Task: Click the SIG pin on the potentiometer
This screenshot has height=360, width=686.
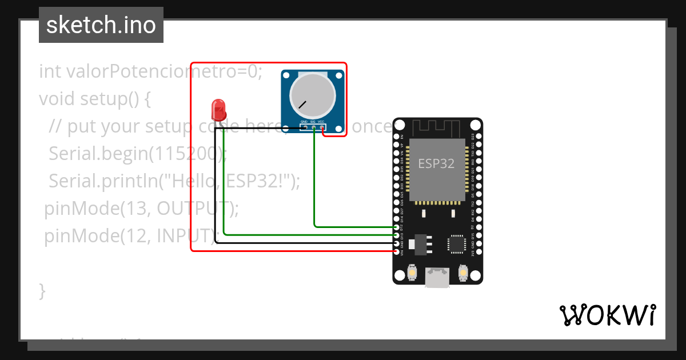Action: (314, 127)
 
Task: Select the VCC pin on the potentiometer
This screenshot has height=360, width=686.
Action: (322, 127)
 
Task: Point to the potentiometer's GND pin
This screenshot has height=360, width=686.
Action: (305, 127)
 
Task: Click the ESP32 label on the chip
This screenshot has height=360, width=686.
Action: (436, 163)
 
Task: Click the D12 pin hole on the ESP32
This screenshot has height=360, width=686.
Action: (397, 227)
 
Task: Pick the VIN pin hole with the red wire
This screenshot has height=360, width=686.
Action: (397, 251)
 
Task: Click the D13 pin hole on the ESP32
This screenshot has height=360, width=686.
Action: (397, 235)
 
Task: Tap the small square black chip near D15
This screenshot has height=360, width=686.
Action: (457, 244)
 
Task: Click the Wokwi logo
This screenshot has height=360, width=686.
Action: (608, 315)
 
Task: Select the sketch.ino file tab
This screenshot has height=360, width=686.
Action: (101, 25)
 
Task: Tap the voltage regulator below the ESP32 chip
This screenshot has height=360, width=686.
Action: (420, 243)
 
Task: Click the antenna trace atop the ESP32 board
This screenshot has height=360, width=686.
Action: (437, 127)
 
